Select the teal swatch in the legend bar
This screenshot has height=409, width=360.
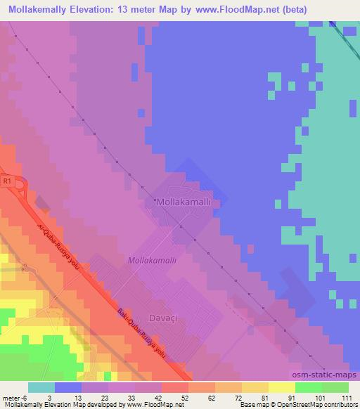[x=41, y=387]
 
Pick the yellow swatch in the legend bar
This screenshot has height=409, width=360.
[x=281, y=387]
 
